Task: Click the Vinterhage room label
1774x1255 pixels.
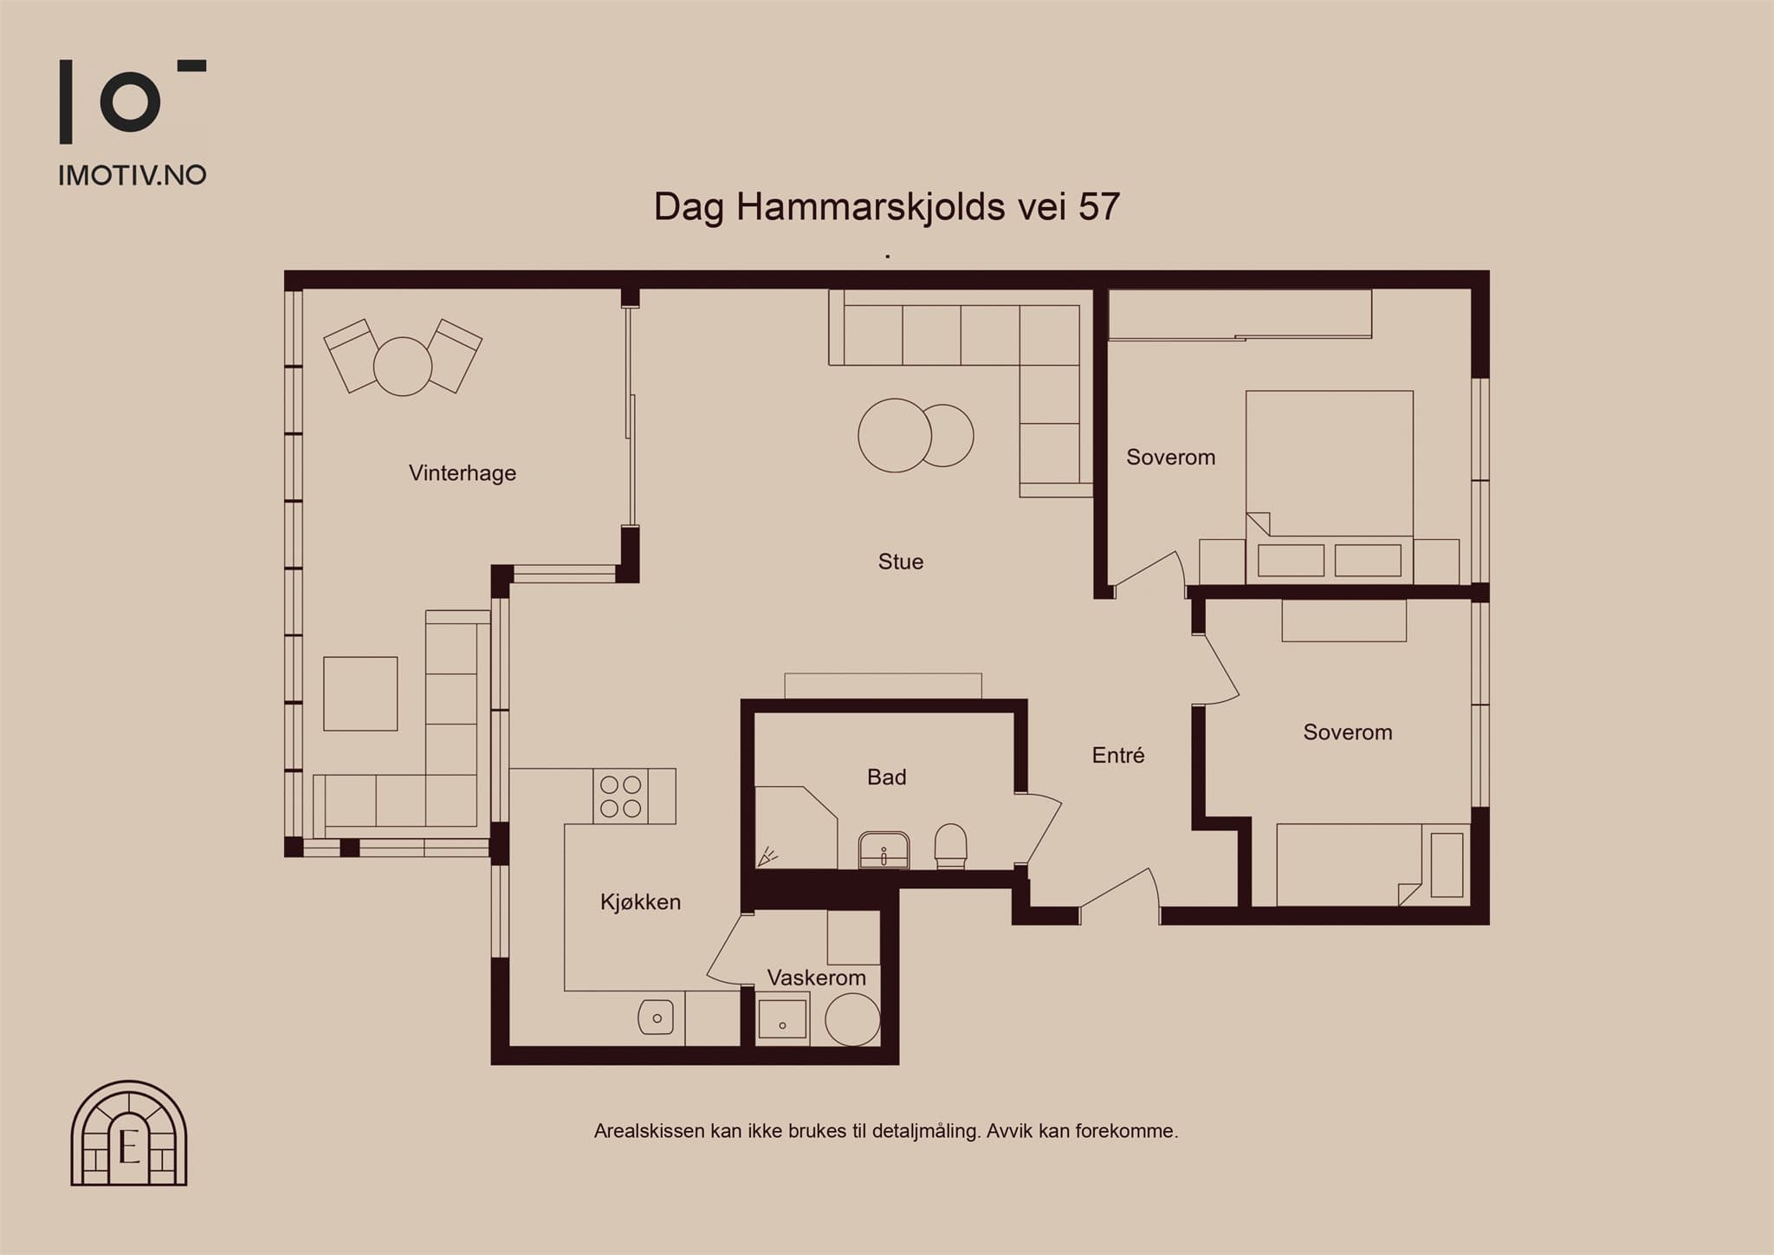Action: coord(463,473)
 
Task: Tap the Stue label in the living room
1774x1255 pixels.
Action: coord(901,562)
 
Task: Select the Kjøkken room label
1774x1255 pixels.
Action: coord(640,902)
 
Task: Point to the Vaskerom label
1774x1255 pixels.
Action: coord(817,978)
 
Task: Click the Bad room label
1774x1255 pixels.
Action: coord(887,777)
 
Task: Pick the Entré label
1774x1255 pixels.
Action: coord(1118,756)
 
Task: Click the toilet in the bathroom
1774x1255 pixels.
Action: coord(951,846)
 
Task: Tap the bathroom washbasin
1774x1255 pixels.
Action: coord(884,850)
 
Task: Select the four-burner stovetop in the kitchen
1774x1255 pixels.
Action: coord(621,797)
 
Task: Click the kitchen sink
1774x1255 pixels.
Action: coord(656,1017)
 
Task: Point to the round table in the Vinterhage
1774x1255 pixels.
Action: coord(403,367)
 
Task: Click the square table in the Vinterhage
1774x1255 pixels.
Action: coord(360,693)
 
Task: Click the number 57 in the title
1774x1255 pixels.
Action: coord(1098,207)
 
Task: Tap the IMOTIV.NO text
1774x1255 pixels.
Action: coord(133,176)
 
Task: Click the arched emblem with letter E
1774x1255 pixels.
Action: coord(129,1133)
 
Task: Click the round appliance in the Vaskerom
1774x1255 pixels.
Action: coord(852,1018)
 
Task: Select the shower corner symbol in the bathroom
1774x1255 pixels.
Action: coord(767,857)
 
